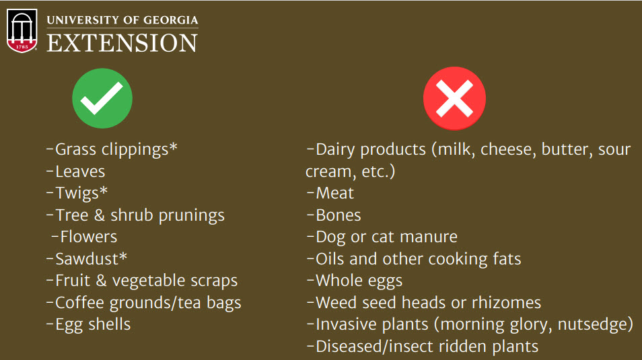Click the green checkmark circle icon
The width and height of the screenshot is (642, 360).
(102, 98)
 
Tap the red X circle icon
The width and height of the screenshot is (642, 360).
(454, 98)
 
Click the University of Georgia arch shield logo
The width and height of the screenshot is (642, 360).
(22, 31)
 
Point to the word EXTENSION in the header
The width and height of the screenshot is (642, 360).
(122, 43)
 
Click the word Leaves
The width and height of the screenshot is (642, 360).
(80, 172)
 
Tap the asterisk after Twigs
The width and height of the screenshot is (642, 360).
(103, 190)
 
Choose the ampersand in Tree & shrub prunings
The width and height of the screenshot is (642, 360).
(100, 215)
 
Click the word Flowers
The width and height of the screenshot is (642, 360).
(88, 237)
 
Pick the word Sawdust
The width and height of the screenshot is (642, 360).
(87, 259)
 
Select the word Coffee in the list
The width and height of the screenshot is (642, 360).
(79, 303)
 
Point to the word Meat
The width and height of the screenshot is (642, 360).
(335, 193)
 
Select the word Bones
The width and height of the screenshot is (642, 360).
(338, 215)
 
